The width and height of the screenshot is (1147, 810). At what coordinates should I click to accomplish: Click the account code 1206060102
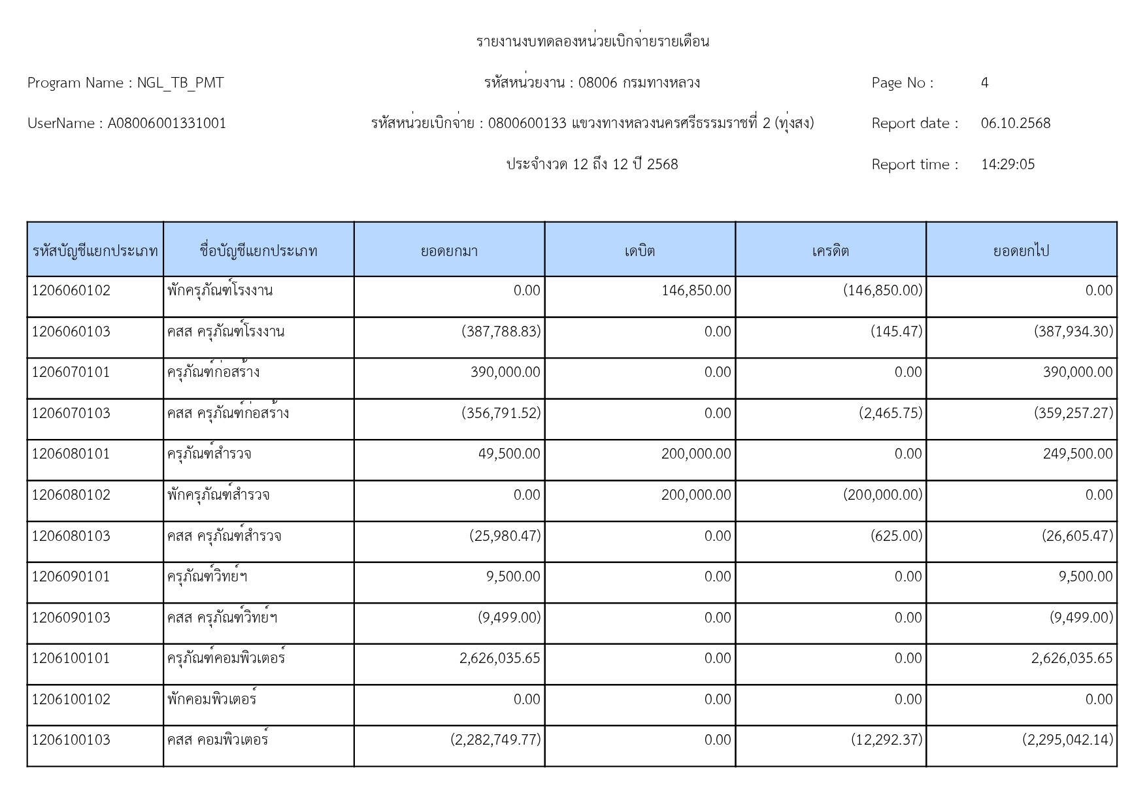[x=71, y=291]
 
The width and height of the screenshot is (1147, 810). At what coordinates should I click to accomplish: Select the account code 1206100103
[x=71, y=740]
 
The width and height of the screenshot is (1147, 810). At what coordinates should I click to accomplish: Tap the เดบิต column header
[x=639, y=251]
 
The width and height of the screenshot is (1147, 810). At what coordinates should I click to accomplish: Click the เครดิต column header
[x=830, y=251]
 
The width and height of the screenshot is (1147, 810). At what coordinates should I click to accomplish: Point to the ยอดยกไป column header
[x=1021, y=251]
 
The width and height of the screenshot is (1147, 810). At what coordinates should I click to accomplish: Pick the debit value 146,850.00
[x=696, y=291]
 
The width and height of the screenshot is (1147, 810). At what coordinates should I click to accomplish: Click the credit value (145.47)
[x=896, y=332]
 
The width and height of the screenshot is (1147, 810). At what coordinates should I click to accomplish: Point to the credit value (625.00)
[x=896, y=536]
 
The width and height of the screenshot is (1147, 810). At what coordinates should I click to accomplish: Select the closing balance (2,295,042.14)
[x=1067, y=740]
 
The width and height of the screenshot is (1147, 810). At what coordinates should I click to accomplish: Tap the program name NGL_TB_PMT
[x=180, y=83]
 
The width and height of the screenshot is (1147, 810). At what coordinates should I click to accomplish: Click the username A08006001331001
[x=167, y=123]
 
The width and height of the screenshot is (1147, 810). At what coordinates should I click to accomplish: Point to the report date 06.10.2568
[x=1015, y=123]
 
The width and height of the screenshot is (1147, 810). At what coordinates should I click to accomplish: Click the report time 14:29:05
[x=1008, y=165]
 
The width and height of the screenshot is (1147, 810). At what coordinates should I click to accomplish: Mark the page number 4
[x=984, y=83]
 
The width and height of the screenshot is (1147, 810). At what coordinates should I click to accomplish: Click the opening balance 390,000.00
[x=505, y=372]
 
